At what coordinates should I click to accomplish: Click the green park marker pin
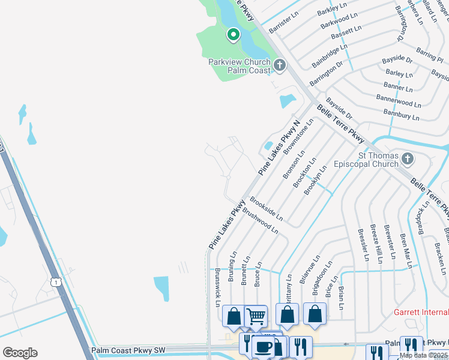click(x=233, y=35)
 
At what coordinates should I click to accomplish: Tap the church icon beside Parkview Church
click(x=279, y=65)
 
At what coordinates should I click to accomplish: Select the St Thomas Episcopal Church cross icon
click(x=408, y=159)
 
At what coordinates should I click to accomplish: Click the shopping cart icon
click(x=256, y=316)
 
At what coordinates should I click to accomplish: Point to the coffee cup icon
click(x=263, y=347)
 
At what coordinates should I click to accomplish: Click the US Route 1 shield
click(x=56, y=281)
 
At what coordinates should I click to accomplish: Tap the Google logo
click(x=20, y=353)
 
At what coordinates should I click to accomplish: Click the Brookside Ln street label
click(x=266, y=208)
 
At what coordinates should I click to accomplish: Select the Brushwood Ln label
click(x=260, y=221)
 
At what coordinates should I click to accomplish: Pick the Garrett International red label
click(x=421, y=312)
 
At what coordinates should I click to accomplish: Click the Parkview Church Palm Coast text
click(x=240, y=66)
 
